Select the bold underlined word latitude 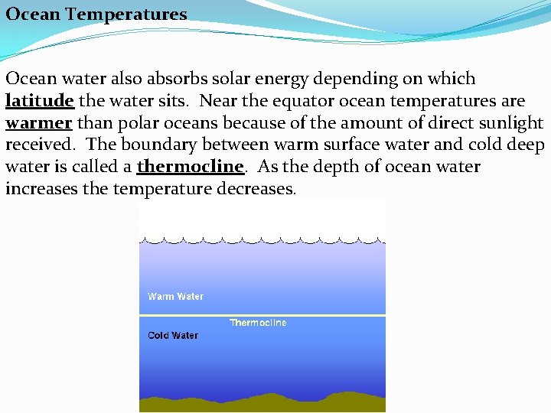coord(40,101)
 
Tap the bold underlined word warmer coord(38,123)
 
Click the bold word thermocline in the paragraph coord(190,167)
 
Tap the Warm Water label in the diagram coord(175,297)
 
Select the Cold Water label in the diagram coord(173,335)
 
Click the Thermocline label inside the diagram coord(259,323)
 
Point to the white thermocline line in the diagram coord(306,314)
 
